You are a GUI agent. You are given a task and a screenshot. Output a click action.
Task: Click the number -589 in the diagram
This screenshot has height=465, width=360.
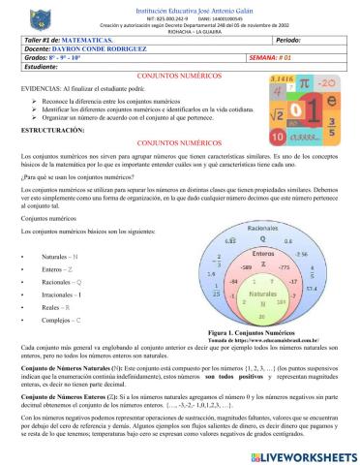click(x=244, y=264)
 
